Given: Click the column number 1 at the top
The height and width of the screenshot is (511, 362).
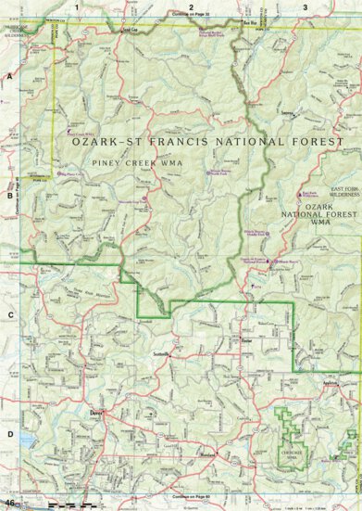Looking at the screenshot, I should point(78,6).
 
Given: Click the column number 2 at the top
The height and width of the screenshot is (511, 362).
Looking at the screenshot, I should point(191,6).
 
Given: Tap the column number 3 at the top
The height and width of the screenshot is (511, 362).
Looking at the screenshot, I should point(306,6).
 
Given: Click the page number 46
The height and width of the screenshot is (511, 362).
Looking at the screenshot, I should point(9,503).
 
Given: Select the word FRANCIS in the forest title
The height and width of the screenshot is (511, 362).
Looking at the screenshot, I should point(206,142).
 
